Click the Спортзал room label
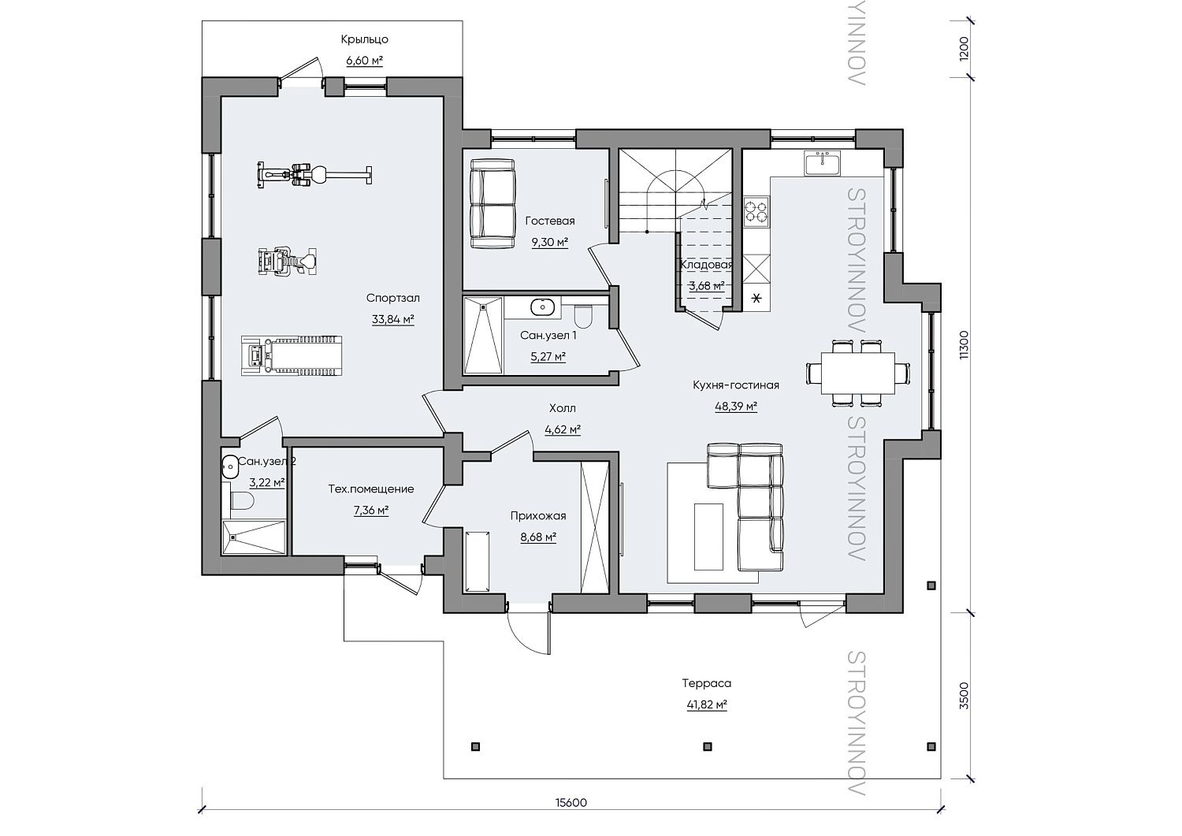coord(392,298)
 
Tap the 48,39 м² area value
coord(736,407)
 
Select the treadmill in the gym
coord(292,355)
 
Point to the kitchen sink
coord(823,163)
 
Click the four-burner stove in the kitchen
coord(756,212)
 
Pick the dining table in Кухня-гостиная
coord(857,373)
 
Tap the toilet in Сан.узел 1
coord(583,316)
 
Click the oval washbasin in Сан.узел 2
coord(229,464)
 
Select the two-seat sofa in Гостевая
coord(492,204)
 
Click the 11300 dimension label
coord(964,345)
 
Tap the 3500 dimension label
coord(964,696)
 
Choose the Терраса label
coord(707,683)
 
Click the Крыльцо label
coord(365,39)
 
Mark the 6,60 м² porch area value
coord(365,61)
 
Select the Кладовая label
coord(707,265)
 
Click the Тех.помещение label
coord(371,489)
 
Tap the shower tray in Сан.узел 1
coord(483,336)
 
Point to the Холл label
coord(563,408)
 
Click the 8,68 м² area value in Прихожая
coord(538,537)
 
